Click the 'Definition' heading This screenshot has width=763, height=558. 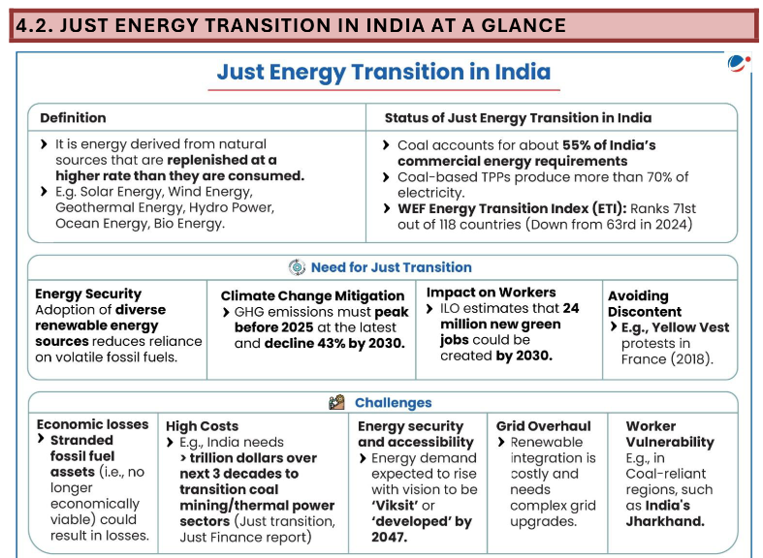pyautogui.click(x=73, y=117)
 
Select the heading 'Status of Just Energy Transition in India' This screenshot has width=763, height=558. pyautogui.click(x=518, y=117)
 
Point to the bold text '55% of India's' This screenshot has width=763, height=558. pyautogui.click(x=609, y=145)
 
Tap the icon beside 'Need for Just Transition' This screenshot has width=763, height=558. pyautogui.click(x=297, y=267)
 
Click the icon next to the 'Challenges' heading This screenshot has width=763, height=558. pyautogui.click(x=336, y=402)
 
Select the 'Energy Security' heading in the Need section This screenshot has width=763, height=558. pyautogui.click(x=88, y=294)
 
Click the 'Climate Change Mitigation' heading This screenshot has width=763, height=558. pyautogui.click(x=312, y=295)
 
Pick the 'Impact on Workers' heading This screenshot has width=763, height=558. pyautogui.click(x=492, y=292)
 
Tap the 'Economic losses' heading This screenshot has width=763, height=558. pyautogui.click(x=93, y=424)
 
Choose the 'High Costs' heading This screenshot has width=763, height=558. pyautogui.click(x=202, y=425)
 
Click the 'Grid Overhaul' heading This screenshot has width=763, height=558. pyautogui.click(x=543, y=425)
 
